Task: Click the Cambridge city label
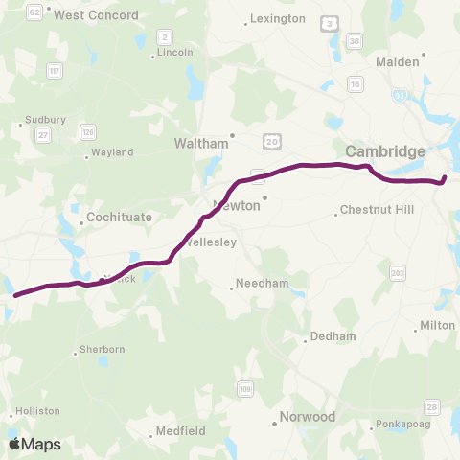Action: coord(385,151)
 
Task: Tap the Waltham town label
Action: coord(202,144)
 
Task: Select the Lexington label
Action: coord(278,18)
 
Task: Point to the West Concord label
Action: coord(96,15)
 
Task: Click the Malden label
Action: coord(398,61)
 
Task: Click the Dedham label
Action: coord(331,336)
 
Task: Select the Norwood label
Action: coord(307,417)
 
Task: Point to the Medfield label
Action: coord(180,431)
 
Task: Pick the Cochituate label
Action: coord(119,218)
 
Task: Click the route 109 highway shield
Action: coord(245,388)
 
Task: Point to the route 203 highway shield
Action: coord(398,274)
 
